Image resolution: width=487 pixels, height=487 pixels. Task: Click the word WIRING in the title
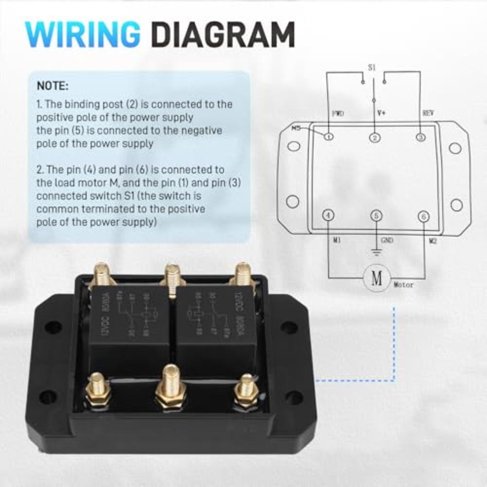point(83,35)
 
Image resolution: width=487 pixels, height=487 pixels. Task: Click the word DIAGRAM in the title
point(223,35)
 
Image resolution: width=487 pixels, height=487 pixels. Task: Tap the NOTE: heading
point(53,86)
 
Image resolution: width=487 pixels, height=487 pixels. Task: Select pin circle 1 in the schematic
point(328,137)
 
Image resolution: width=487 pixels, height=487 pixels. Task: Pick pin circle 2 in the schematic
point(375,137)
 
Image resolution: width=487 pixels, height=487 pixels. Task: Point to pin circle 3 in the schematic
point(420,137)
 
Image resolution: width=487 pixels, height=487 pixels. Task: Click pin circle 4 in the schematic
point(328,216)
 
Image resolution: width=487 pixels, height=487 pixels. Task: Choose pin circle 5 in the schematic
point(376,216)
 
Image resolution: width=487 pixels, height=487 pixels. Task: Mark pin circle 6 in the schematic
point(424,216)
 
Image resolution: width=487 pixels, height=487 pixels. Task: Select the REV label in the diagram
point(428,113)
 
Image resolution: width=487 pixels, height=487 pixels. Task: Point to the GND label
point(388,240)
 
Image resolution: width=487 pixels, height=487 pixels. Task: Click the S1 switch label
point(372,68)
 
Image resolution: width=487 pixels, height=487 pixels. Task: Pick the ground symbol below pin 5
point(376,252)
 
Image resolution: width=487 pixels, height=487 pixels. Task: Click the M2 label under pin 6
point(433,240)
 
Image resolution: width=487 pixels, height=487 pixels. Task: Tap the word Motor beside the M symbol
point(404,285)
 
